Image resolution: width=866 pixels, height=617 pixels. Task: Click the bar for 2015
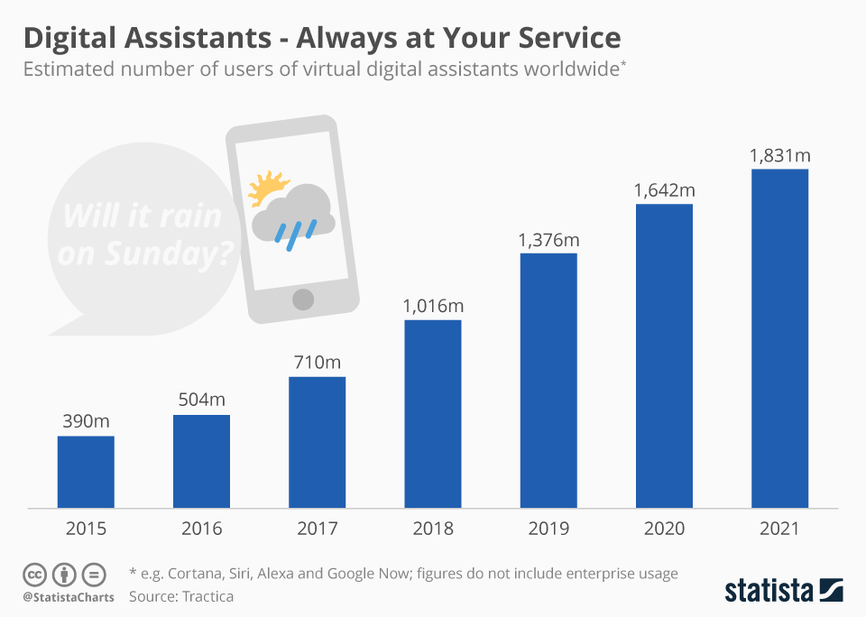pos(86,472)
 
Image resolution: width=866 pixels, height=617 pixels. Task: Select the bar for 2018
pos(433,413)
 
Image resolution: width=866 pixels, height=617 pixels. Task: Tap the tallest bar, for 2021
pos(779,338)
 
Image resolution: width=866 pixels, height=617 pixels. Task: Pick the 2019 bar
pos(548,381)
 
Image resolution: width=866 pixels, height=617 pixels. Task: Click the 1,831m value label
pos(779,156)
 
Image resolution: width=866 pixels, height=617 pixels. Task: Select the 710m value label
pos(318,363)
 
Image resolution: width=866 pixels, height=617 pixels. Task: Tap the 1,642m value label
pos(664,190)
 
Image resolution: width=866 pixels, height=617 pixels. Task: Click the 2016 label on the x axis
pos(201,529)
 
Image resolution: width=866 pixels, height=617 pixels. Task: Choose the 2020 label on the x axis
pos(664,529)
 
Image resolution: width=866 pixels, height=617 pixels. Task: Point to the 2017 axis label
pos(318,529)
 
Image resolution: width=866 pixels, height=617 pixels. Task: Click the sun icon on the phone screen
pos(266,187)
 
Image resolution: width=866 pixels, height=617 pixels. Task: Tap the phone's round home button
pos(303,299)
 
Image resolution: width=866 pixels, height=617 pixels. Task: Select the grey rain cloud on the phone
pos(294,213)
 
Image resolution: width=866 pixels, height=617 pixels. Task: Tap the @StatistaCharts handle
pos(69,596)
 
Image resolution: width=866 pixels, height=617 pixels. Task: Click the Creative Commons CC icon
pos(35,574)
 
